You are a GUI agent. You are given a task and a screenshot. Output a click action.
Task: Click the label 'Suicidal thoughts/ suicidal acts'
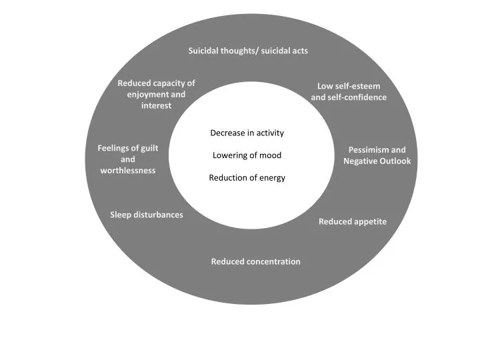coord(247,51)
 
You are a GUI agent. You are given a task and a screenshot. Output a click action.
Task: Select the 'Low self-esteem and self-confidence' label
coord(349,92)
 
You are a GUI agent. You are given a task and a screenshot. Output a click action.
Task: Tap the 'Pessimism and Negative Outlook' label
coord(377,155)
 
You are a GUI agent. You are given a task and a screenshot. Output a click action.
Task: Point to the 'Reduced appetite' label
coord(352,221)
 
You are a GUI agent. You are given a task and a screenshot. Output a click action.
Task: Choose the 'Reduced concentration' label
coord(255,261)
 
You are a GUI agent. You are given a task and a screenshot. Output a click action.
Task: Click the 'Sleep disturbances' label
coord(146,215)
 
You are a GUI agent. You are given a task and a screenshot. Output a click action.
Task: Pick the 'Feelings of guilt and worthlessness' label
coord(128,159)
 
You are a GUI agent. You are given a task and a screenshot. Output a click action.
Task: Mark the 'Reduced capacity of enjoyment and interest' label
coord(156,94)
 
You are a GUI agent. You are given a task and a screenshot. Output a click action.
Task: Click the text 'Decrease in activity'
coord(247,133)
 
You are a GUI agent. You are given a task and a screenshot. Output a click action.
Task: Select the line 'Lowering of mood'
coord(247,155)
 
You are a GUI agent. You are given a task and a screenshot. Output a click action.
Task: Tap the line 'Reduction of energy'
coord(247,177)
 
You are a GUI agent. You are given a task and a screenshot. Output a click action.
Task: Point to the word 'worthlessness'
coord(128,171)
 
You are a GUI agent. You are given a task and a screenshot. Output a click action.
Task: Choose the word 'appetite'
coord(371,221)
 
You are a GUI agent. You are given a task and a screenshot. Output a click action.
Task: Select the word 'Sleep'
coord(121,215)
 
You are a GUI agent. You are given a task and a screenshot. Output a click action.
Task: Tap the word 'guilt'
coord(147,148)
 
